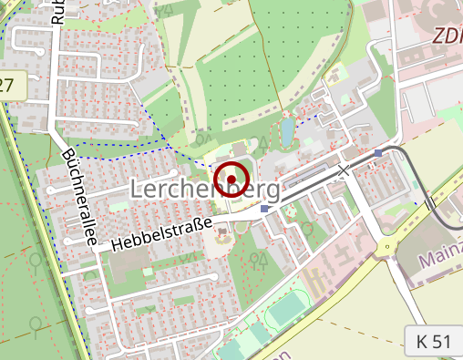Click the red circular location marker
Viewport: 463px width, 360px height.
(231, 179)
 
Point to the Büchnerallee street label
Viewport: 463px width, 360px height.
(78, 197)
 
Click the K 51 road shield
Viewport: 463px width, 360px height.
(433, 342)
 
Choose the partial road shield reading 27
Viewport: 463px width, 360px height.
(9, 87)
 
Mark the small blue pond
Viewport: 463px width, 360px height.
(287, 133)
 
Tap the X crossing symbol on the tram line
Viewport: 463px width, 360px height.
(344, 170)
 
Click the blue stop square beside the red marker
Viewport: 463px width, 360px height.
(264, 209)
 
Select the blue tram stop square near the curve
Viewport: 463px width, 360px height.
(378, 153)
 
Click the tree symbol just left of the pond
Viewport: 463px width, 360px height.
(263, 142)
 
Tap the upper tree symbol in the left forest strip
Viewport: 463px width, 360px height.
(36, 261)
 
